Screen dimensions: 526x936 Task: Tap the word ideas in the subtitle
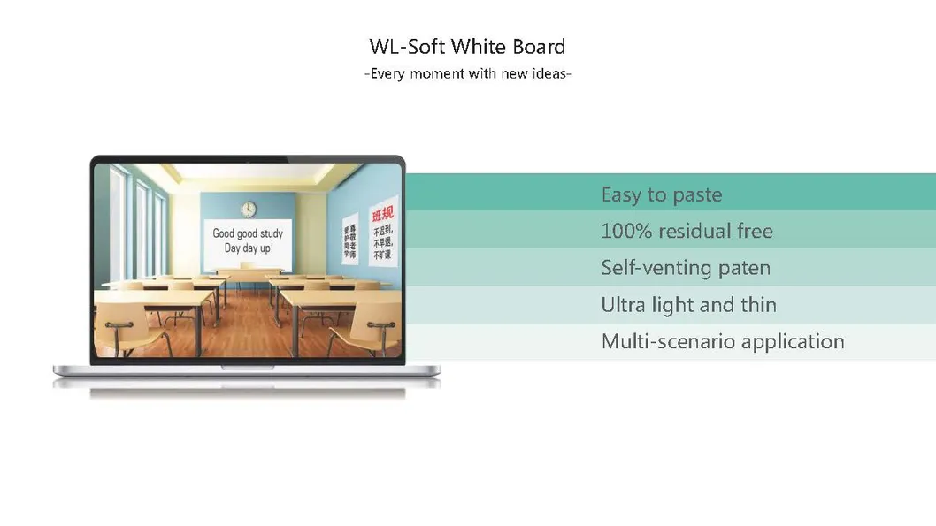click(549, 74)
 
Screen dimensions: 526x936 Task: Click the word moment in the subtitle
click(436, 74)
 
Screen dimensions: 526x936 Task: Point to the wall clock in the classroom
click(249, 209)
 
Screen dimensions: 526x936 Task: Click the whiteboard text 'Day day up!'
click(248, 248)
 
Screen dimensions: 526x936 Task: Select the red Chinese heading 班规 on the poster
click(382, 215)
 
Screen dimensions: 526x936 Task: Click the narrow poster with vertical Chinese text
click(350, 240)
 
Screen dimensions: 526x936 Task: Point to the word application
click(793, 342)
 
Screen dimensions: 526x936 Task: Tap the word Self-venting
click(655, 268)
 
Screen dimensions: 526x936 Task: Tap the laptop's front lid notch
click(247, 365)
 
